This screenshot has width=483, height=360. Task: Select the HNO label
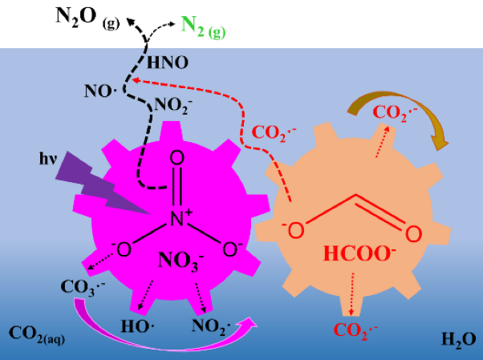(x=166, y=60)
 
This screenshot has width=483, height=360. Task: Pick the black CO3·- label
(x=84, y=288)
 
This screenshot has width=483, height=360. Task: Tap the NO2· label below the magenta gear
(x=211, y=326)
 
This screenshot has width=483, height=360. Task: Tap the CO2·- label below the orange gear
(x=356, y=330)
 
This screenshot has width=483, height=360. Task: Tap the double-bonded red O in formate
(x=412, y=234)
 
